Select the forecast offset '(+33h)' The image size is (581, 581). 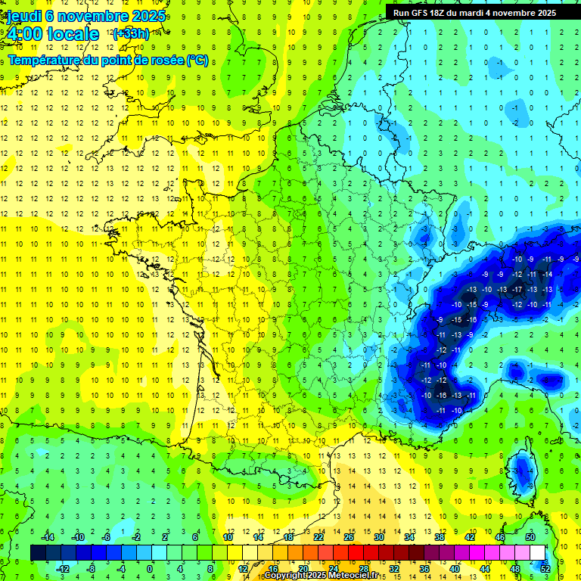[131, 34]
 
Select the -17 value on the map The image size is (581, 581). [517, 289]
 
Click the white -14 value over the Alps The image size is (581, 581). [547, 274]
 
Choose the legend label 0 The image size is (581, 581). [150, 568]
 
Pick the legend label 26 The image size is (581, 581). [349, 537]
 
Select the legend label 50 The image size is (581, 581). [530, 537]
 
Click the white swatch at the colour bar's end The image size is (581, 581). [538, 552]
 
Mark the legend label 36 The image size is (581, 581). [424, 568]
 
